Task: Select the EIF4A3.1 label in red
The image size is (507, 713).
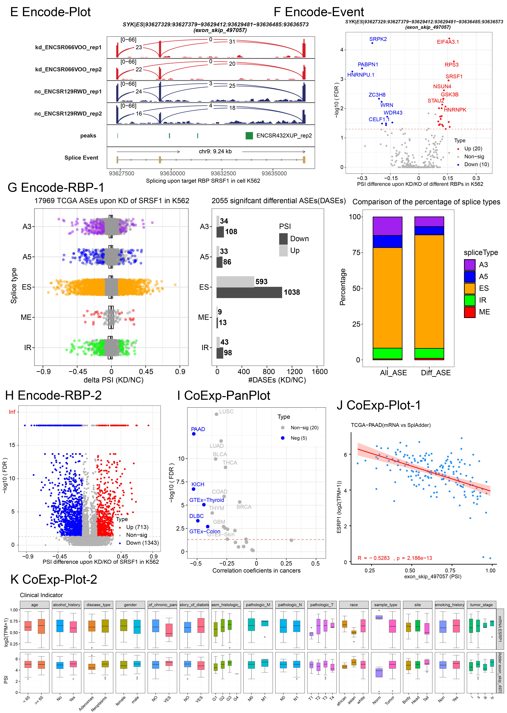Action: pos(448,42)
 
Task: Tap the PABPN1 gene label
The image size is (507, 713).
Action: pos(368,65)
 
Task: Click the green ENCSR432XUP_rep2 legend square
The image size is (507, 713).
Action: pos(249,135)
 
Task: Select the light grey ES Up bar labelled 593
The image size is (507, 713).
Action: pos(235,282)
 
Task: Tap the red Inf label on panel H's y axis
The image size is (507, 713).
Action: pos(12,412)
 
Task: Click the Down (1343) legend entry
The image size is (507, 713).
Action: pos(142,543)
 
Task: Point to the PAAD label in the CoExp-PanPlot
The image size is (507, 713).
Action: pos(198,429)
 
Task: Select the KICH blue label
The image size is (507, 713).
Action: pos(198,484)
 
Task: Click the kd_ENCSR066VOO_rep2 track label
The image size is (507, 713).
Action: pos(68,69)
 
